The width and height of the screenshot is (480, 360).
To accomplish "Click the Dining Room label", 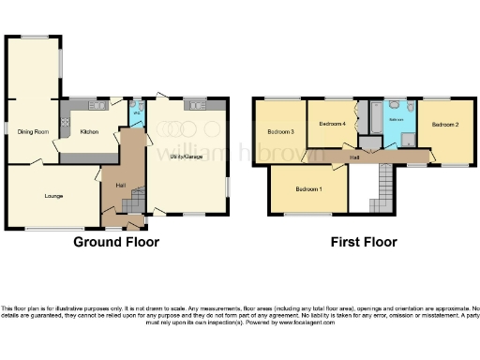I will pyautogui.click(x=33, y=132).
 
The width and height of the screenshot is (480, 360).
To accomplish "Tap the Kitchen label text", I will pyautogui.click(x=90, y=132).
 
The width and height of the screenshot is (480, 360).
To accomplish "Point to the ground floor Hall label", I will pyautogui.click(x=121, y=186).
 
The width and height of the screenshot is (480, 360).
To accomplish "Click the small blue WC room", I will pyautogui.click(x=137, y=116).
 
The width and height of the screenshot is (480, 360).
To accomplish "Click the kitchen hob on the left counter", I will pyautogui.click(x=66, y=120).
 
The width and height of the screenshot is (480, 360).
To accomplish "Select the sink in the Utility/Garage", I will pyautogui.click(x=198, y=104).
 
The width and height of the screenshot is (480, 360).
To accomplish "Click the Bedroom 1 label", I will pyautogui.click(x=308, y=189).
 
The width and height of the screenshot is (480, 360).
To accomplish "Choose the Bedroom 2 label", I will pyautogui.click(x=444, y=125).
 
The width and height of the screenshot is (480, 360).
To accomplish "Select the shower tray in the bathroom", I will pyautogui.click(x=408, y=139).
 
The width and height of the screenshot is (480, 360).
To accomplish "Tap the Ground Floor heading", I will pyautogui.click(x=116, y=242).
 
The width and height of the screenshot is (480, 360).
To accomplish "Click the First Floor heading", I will pyautogui.click(x=363, y=242).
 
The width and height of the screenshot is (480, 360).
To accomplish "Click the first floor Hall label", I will pyautogui.click(x=355, y=157).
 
